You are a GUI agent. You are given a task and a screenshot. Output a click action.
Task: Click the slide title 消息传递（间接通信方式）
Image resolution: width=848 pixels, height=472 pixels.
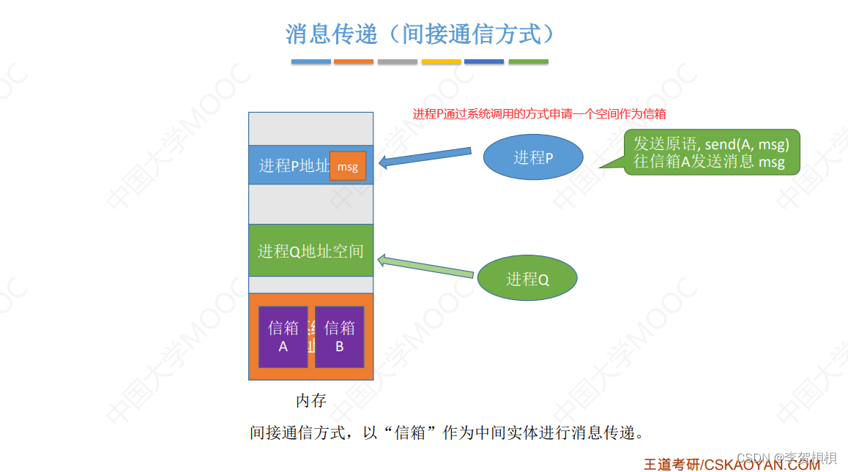[x=419, y=34]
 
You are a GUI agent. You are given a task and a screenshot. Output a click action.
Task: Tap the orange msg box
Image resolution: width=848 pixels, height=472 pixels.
[x=348, y=166]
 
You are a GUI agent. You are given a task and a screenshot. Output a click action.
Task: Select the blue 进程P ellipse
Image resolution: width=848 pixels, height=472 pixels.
[x=533, y=157]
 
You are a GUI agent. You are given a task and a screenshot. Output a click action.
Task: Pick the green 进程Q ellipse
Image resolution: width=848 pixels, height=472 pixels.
[x=527, y=278]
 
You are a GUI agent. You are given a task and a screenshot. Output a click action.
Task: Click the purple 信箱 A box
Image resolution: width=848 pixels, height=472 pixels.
[x=283, y=337]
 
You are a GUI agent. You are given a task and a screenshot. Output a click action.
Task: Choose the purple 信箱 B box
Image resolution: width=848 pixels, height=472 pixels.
[x=340, y=337]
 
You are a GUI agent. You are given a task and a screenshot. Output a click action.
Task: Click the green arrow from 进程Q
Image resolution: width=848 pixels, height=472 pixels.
[x=425, y=266]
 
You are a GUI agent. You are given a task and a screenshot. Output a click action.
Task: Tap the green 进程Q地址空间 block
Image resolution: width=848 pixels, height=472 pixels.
[x=310, y=251]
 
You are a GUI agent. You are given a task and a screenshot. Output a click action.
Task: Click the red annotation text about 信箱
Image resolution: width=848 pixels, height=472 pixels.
[x=539, y=114]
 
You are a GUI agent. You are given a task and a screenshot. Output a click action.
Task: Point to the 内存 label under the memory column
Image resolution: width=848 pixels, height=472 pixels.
[x=310, y=401]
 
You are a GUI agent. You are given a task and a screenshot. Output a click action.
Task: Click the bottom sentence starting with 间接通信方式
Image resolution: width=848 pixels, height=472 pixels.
[x=447, y=432]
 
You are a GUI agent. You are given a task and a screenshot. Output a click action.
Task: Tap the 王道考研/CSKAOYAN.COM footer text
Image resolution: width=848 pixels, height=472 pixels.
[x=731, y=464]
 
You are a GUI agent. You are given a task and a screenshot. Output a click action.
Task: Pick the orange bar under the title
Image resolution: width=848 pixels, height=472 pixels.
[x=354, y=62]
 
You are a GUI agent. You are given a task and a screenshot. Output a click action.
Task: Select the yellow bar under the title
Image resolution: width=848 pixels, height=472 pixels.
[x=441, y=62]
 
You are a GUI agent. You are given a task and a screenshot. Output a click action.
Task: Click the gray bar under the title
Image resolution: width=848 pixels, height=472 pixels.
[x=398, y=62]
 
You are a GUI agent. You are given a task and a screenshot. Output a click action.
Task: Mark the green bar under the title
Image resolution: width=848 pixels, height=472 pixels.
[x=528, y=62]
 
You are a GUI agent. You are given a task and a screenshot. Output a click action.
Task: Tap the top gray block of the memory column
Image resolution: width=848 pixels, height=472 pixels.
[x=310, y=129]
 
